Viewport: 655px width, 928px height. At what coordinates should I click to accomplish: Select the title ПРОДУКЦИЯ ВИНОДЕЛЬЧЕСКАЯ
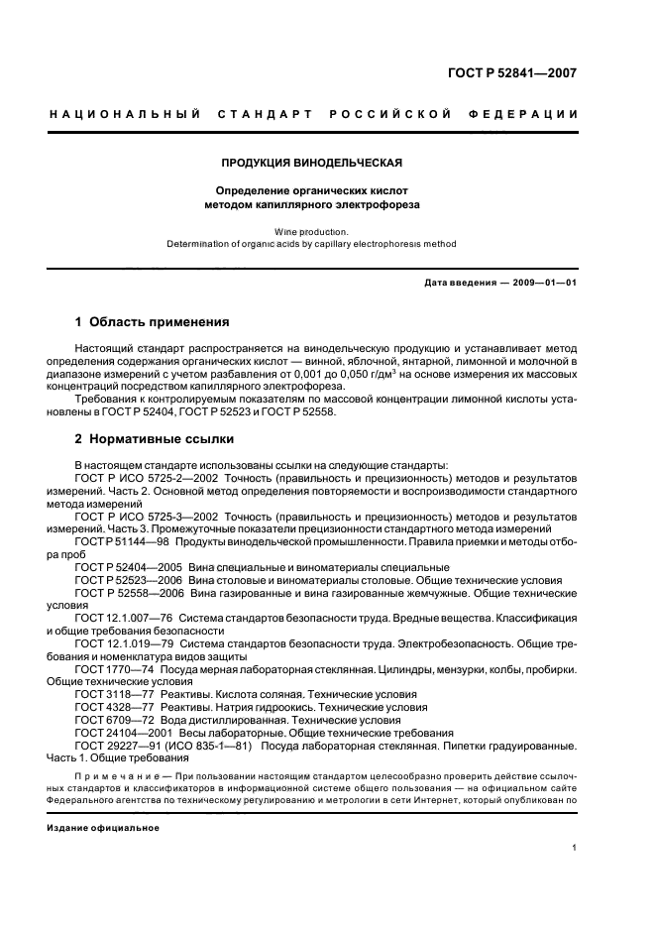pyautogui.click(x=312, y=162)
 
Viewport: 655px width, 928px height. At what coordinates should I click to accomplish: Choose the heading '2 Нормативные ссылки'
pyautogui.click(x=155, y=439)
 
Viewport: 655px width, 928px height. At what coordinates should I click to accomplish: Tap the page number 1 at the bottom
pyautogui.click(x=575, y=847)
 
